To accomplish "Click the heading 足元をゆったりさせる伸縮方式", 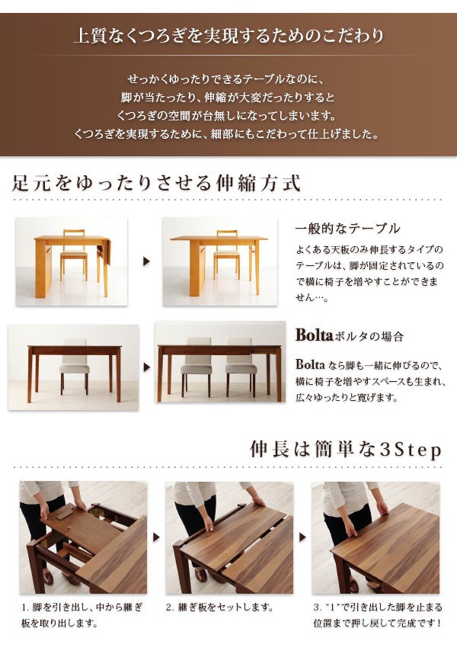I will click(157, 184).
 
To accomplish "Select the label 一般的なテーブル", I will click(347, 229).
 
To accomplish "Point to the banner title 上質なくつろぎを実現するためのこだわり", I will click(228, 36).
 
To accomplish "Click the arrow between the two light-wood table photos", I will click(146, 261).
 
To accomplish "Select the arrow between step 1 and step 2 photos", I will click(155, 537).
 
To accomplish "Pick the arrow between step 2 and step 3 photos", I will click(302, 537).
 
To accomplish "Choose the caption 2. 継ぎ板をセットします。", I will click(219, 608).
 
